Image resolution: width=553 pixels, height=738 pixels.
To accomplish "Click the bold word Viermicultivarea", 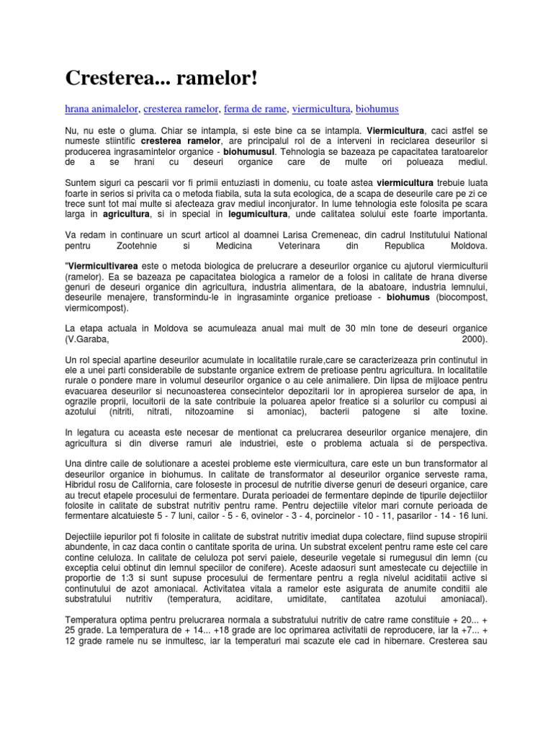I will coord(107,267).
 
